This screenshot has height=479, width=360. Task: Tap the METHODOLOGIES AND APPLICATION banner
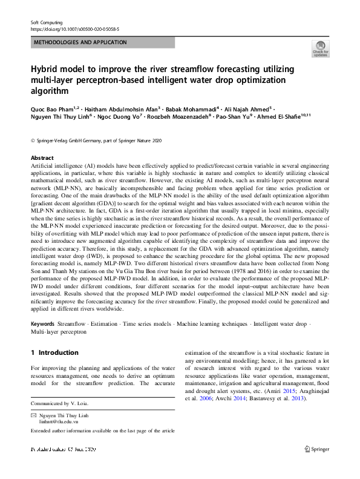pyautogui.click(x=80, y=42)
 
